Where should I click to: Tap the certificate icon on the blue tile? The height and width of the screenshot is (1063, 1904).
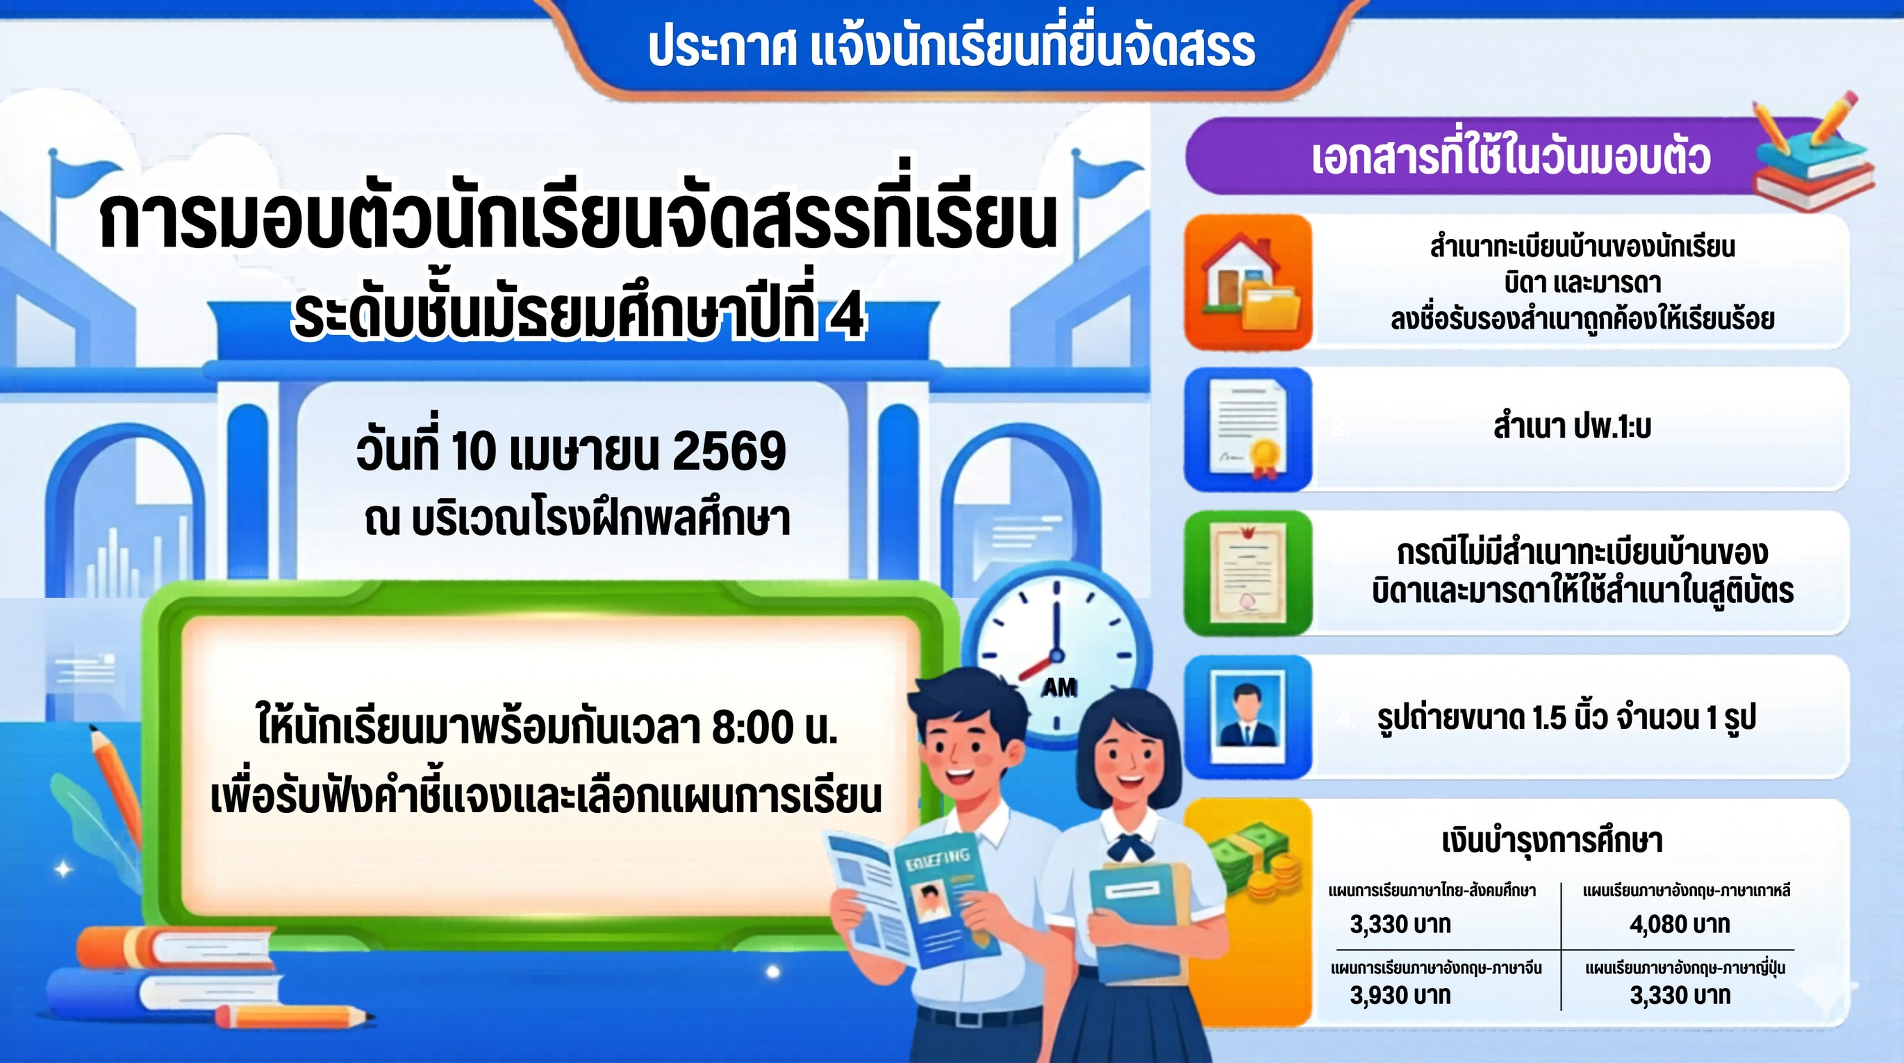1248,429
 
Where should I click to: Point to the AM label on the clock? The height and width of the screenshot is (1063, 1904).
1059,687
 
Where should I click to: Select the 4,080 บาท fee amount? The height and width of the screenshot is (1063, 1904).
1680,924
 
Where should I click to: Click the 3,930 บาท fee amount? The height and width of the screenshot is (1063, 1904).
1400,995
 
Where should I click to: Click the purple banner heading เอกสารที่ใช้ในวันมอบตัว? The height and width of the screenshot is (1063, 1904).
1511,157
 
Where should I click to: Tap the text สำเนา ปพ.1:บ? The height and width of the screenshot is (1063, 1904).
1572,427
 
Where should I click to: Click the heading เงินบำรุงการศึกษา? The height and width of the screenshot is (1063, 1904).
1553,841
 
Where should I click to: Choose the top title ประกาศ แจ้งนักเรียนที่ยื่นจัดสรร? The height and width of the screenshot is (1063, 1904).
951,47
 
